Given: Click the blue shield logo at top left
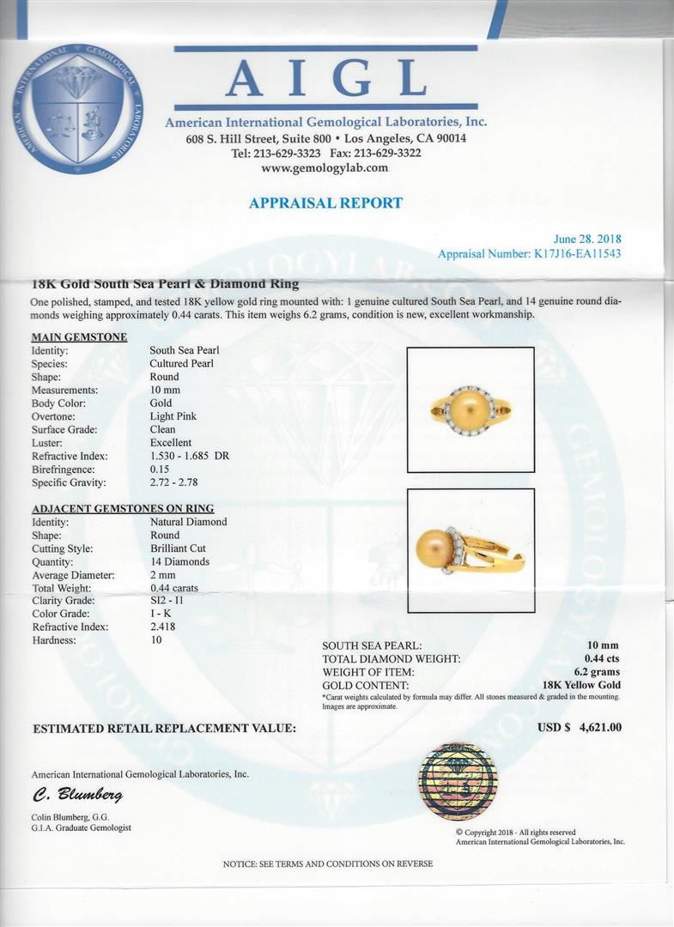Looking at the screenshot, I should point(77,108).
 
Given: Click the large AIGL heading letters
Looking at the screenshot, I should point(326,79).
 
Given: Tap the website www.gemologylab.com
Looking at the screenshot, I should point(325,168).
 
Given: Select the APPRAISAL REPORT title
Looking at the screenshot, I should point(325,203).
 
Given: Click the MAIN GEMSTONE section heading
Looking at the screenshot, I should point(79,336).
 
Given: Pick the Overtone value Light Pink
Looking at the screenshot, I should point(173,416).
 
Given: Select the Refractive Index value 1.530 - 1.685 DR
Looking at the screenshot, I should point(189,456).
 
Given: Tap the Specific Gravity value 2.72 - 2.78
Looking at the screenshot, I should point(174,482).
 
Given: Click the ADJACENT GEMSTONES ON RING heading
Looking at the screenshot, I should point(123,508).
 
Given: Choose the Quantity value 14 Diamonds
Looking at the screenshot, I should point(179,561).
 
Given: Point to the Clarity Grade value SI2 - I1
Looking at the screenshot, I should point(168,601).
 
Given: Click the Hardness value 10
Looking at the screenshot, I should point(156,640).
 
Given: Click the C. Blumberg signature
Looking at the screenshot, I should point(77,795).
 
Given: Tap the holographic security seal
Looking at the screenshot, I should point(458,782).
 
